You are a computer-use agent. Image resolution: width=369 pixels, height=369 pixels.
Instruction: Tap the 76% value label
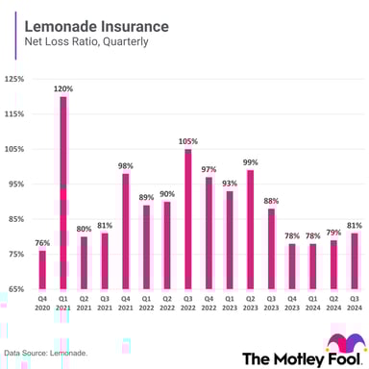click(x=41, y=243)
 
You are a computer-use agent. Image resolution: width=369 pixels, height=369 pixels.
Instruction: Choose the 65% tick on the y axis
click(x=15, y=288)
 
